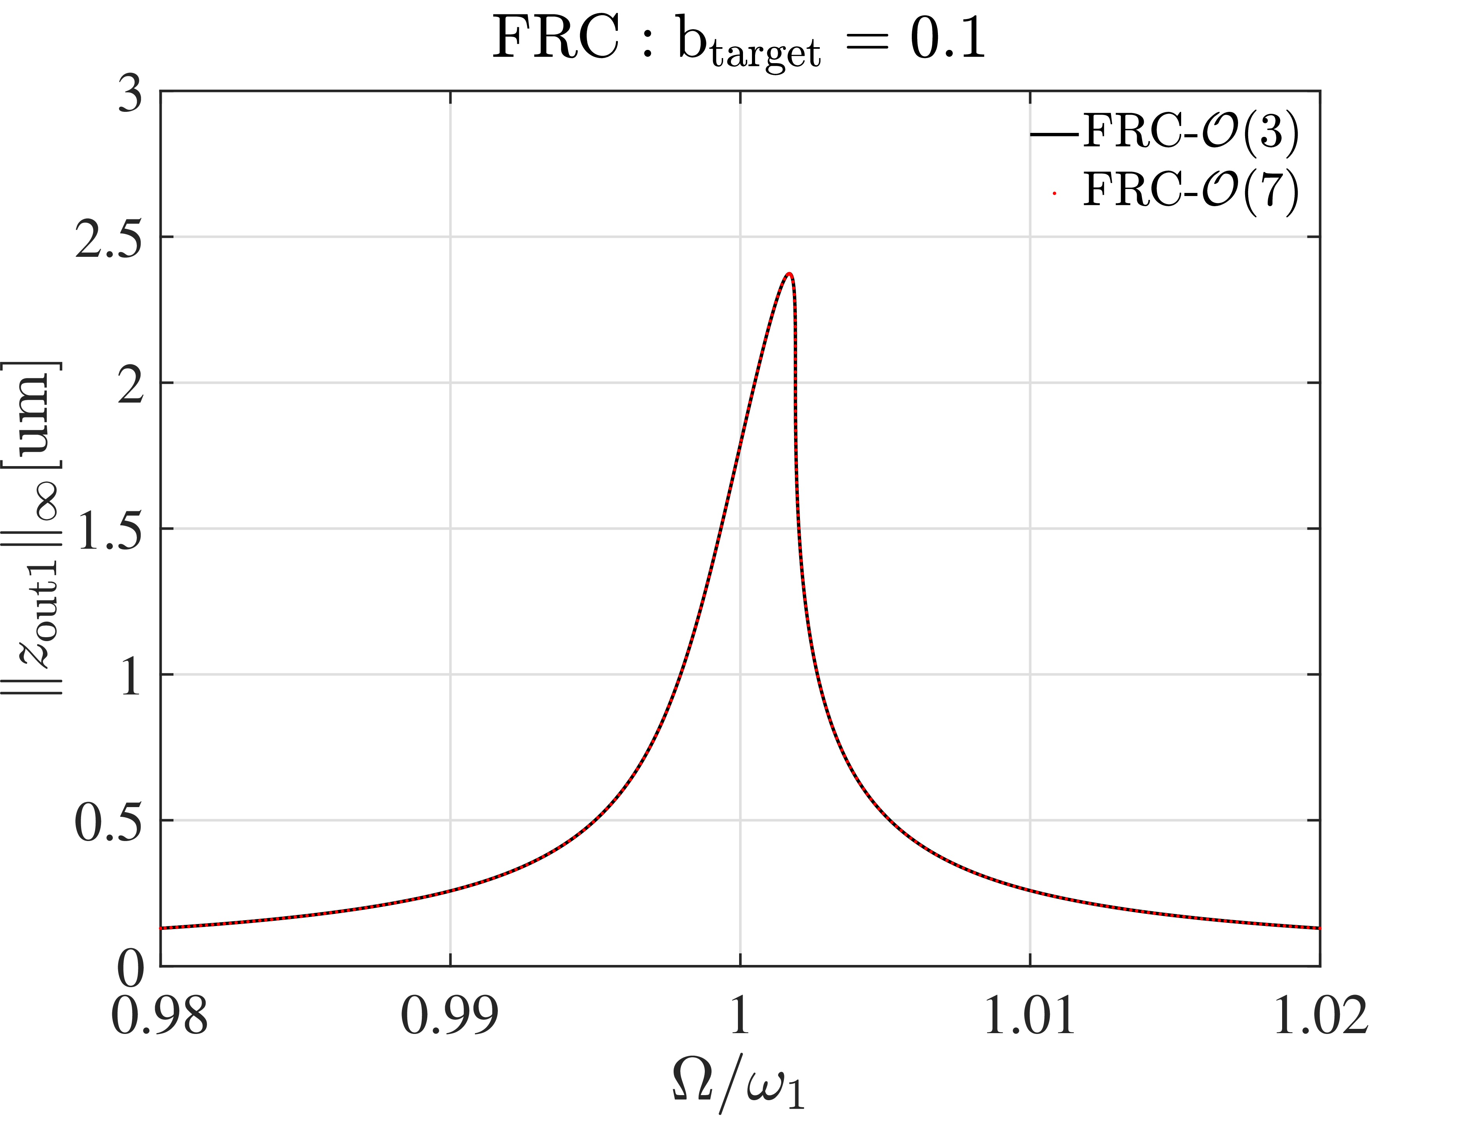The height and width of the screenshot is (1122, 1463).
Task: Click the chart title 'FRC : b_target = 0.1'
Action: (x=738, y=40)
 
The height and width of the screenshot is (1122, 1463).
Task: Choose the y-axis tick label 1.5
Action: (x=109, y=530)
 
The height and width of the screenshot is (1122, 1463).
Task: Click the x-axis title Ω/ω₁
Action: (x=738, y=1085)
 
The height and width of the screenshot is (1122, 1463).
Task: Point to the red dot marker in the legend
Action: (x=1054, y=194)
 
